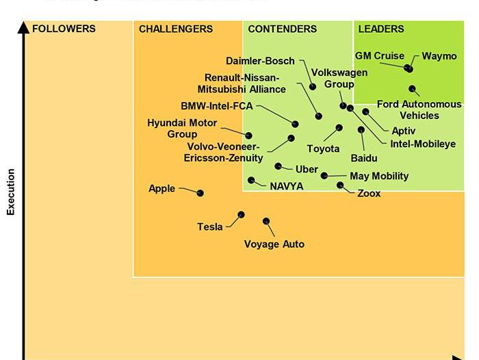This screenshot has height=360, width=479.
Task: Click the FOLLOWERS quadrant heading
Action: [64, 29]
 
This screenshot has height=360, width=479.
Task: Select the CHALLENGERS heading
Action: [176, 29]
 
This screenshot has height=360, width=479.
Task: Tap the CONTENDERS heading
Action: [282, 29]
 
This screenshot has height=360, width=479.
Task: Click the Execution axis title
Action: [11, 192]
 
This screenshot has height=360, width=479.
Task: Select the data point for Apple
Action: [200, 193]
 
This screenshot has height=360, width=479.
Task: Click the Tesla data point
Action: [241, 214]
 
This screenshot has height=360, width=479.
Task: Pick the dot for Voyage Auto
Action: [266, 221]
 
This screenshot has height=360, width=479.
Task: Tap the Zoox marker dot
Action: [340, 185]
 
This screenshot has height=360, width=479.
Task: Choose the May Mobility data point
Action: [324, 176]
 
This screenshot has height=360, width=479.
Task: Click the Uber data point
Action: [279, 166]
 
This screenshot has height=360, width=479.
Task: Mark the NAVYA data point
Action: [251, 181]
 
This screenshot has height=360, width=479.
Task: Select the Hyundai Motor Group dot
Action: [248, 136]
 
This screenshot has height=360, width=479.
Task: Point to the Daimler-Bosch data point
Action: [313, 87]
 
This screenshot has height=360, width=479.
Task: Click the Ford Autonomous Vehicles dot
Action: [413, 88]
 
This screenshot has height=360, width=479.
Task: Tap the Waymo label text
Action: [439, 56]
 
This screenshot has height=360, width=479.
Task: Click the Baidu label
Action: [364, 158]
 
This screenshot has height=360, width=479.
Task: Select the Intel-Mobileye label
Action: [423, 144]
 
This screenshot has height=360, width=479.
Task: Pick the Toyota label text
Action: [323, 149]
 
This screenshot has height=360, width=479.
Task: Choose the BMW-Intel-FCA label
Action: [217, 106]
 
